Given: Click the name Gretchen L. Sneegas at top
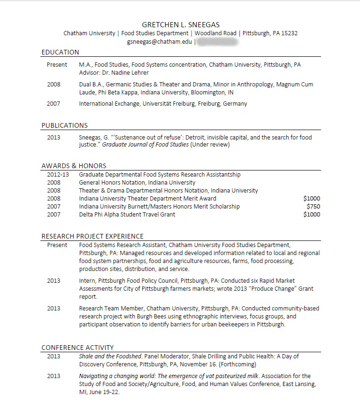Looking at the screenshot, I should [x=180, y=24].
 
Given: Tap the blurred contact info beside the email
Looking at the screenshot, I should [x=216, y=41].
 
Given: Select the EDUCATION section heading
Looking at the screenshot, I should [x=60, y=52].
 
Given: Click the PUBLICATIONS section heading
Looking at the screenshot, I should [x=64, y=125].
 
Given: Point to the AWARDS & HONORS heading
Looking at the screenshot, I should [x=74, y=166].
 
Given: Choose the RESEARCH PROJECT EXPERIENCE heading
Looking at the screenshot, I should [x=92, y=236].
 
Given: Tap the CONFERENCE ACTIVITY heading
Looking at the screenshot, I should [x=77, y=348].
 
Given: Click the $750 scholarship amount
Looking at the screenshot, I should [x=313, y=207].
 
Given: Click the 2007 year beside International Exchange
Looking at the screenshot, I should [x=54, y=104].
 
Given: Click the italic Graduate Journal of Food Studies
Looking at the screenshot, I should [x=146, y=145].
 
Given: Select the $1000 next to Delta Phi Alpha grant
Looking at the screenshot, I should [x=312, y=215].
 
